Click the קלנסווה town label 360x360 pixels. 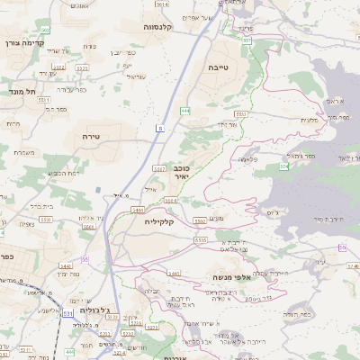163,28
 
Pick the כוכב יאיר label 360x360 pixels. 181,174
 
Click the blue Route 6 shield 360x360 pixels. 160,130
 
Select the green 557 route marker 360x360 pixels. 247,40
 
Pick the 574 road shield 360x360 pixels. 283,166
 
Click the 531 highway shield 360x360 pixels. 42,314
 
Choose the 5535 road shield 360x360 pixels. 200,241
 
